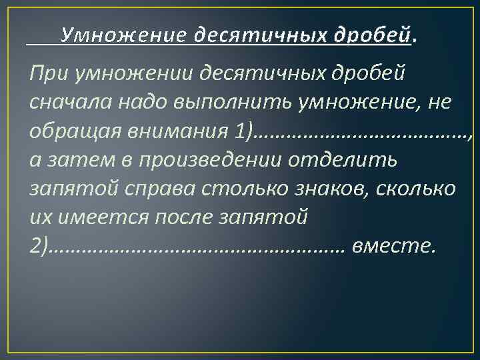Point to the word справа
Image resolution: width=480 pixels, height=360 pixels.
(x=165, y=189)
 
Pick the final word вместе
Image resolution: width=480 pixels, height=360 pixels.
(x=394, y=247)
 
